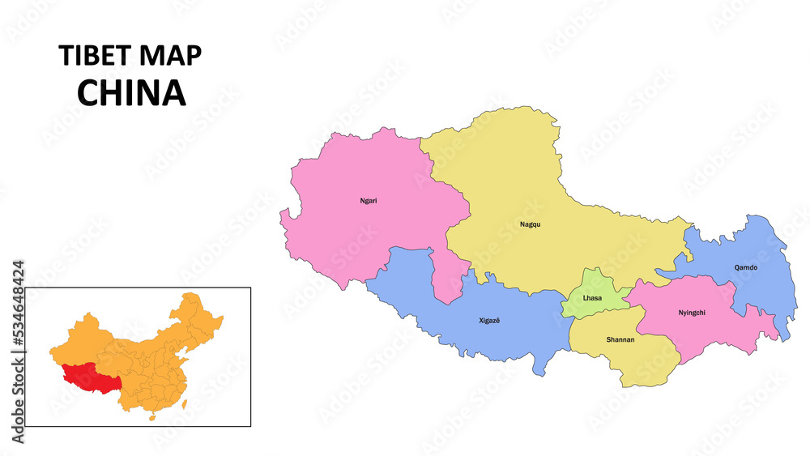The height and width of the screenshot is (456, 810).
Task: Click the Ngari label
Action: pyautogui.click(x=369, y=200)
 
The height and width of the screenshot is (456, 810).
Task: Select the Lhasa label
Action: pyautogui.click(x=592, y=298)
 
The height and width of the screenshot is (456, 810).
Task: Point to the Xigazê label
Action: pyautogui.click(x=490, y=321)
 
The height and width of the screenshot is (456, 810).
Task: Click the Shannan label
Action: pyautogui.click(x=620, y=339)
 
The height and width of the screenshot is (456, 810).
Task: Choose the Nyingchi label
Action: pyautogui.click(x=693, y=312)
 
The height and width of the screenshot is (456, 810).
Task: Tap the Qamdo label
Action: pyautogui.click(x=746, y=266)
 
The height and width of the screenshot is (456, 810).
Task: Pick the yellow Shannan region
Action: pyautogui.click(x=640, y=360)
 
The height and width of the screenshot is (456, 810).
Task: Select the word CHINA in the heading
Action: pyautogui.click(x=131, y=93)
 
